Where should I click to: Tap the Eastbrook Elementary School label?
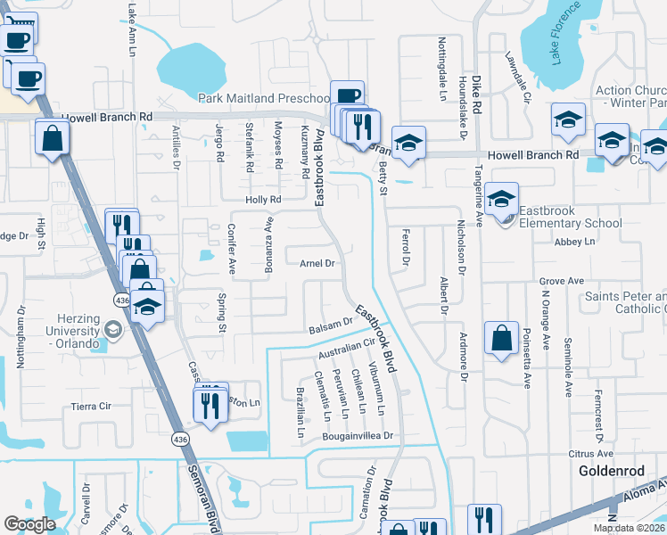coord(570,217)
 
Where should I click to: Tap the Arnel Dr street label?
coord(317,263)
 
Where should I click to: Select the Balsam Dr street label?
coord(329,326)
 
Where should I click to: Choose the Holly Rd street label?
coord(264,200)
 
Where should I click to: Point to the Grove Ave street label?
coord(561,281)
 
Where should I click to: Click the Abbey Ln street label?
coord(574,242)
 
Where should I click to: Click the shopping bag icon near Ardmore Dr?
coord(502,338)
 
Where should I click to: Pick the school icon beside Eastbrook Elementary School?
coord(502,199)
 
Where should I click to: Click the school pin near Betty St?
coord(408,142)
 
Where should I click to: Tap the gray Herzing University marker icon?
coord(112,331)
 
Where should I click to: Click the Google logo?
coord(30,524)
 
